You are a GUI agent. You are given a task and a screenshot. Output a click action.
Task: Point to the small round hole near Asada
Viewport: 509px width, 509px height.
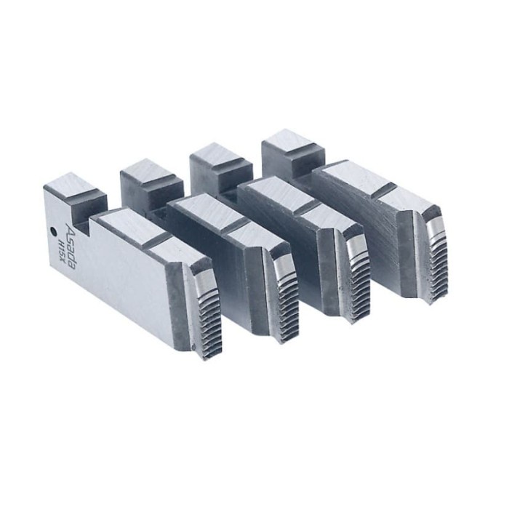pyautogui.click(x=55, y=233)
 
